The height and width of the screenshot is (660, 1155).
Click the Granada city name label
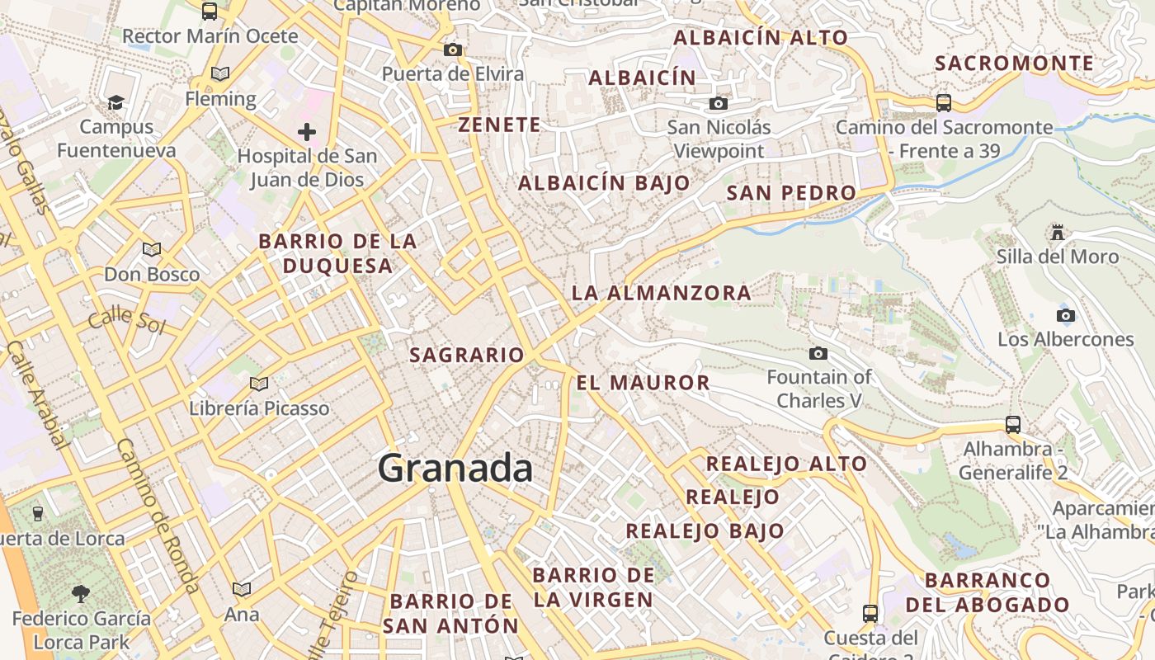click(455, 469)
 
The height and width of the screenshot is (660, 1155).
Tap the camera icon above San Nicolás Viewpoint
click(719, 103)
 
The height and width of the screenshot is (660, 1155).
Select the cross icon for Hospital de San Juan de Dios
click(307, 131)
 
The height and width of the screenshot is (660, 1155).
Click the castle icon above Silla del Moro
click(1058, 232)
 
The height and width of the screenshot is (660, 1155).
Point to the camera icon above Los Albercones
click(1065, 315)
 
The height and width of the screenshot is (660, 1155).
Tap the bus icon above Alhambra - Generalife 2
click(1013, 424)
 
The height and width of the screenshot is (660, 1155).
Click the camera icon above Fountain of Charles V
click(818, 353)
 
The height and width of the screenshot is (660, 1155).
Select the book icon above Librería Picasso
click(259, 384)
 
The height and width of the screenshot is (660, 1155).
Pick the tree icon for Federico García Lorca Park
click(81, 593)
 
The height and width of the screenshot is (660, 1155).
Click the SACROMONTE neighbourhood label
click(1014, 63)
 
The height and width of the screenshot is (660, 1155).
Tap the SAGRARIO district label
click(467, 355)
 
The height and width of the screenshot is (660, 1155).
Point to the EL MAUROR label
click(643, 382)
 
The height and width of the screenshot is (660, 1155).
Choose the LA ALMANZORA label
click(661, 292)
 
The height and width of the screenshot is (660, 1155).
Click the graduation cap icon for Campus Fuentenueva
click(116, 102)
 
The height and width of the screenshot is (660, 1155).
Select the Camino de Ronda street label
click(157, 516)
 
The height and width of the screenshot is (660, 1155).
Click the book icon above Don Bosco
click(151, 249)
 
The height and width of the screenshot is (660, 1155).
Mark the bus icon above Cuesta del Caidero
click(870, 613)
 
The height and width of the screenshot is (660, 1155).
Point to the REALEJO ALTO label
click(786, 464)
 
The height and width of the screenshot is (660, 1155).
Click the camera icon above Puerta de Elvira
click(452, 49)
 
